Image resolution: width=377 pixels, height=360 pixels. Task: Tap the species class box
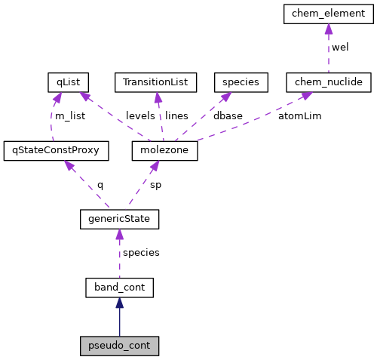tap(241, 82)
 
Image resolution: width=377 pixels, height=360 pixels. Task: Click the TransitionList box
tap(155, 82)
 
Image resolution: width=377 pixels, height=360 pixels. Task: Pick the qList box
tap(68, 82)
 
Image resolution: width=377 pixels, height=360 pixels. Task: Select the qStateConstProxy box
tap(56, 150)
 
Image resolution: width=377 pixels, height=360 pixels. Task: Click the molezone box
tap(164, 150)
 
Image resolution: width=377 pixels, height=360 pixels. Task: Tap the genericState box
tap(119, 219)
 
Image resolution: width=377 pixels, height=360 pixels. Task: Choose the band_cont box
tap(119, 288)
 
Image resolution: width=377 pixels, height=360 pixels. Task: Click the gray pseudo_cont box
tap(119, 346)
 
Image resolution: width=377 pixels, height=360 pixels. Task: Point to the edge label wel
tap(341, 47)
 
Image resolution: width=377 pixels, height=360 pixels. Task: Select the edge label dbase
tap(228, 116)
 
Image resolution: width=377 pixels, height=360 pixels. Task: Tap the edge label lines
tap(176, 116)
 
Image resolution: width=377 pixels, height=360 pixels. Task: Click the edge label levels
tap(140, 116)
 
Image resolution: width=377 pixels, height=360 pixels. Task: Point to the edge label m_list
tap(70, 116)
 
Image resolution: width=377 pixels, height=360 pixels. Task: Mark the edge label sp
tap(155, 184)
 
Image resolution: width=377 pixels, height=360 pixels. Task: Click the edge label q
tap(100, 184)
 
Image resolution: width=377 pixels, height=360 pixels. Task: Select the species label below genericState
tap(141, 253)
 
